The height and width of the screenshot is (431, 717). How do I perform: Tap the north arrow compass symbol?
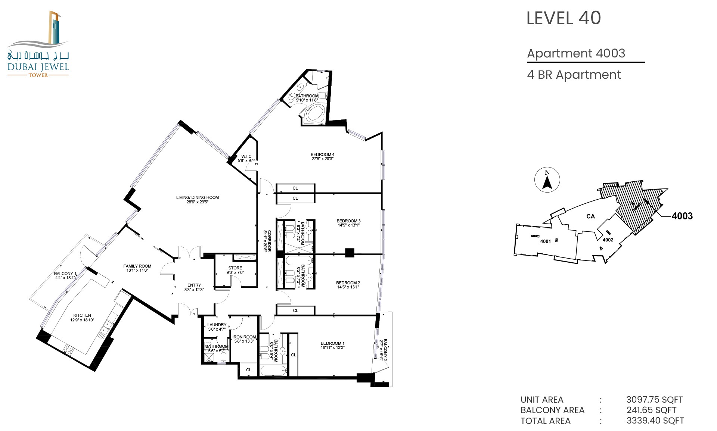coord(547,180)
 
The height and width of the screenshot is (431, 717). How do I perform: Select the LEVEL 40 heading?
coord(564,18)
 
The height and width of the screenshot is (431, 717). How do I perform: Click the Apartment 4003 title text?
coord(576,53)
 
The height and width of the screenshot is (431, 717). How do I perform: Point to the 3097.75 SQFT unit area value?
coord(655,400)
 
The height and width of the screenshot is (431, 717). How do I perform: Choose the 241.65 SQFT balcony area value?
coord(652,410)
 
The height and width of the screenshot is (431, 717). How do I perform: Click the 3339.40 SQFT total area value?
coord(655,421)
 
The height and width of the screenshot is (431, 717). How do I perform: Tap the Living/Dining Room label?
coord(198,200)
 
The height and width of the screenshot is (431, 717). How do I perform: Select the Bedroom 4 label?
coord(323,156)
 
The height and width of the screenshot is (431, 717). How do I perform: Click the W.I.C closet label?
coord(246,159)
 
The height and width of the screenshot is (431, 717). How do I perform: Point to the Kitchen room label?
coord(82,318)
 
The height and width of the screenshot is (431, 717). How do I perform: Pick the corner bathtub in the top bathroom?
coord(315,114)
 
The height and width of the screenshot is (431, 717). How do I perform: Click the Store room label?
coord(235,270)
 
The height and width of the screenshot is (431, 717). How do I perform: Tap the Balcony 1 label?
coord(65,276)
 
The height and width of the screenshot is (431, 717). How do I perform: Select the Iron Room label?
coord(244,339)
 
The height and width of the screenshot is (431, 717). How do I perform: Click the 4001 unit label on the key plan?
coord(546,241)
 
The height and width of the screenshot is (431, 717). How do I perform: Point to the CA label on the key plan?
coord(590,216)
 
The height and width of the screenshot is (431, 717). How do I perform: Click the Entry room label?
coord(194,287)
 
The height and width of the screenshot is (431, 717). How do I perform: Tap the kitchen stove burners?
coord(68,350)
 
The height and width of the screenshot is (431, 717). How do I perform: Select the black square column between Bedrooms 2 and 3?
coord(350,253)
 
